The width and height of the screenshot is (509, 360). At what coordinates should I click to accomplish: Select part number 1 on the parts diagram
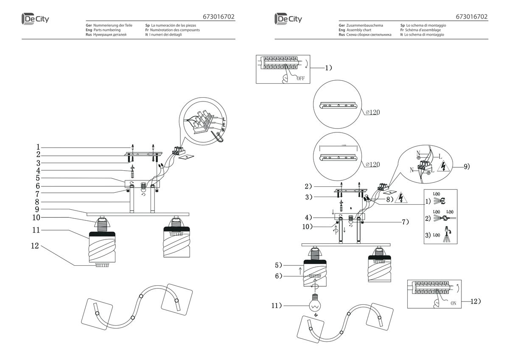pos(38,146)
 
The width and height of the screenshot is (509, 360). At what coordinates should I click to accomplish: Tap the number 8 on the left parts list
pos(37,202)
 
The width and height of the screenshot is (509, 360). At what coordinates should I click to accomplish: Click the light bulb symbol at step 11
pos(315,304)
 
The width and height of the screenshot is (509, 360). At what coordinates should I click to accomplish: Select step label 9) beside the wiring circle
pos(466,167)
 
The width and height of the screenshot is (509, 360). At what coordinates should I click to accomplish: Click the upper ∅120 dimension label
pos(372,112)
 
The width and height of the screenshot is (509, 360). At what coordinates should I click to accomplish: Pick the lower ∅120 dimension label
pos(372,164)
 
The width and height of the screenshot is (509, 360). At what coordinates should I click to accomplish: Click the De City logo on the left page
pos(36,19)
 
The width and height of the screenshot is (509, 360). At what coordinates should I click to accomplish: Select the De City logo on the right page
pos(288,19)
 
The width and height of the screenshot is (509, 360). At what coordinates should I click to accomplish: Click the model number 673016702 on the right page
pos(472,17)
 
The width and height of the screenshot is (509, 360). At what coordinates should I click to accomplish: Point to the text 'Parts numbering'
pos(106,30)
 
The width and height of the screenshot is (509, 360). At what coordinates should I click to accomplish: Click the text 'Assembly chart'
pos(359,30)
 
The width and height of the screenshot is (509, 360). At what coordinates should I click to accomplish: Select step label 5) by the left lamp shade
pos(279,265)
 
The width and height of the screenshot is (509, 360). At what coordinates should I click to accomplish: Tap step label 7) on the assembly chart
pos(405,222)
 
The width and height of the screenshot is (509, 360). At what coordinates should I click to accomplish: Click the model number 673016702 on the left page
pos(219,17)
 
